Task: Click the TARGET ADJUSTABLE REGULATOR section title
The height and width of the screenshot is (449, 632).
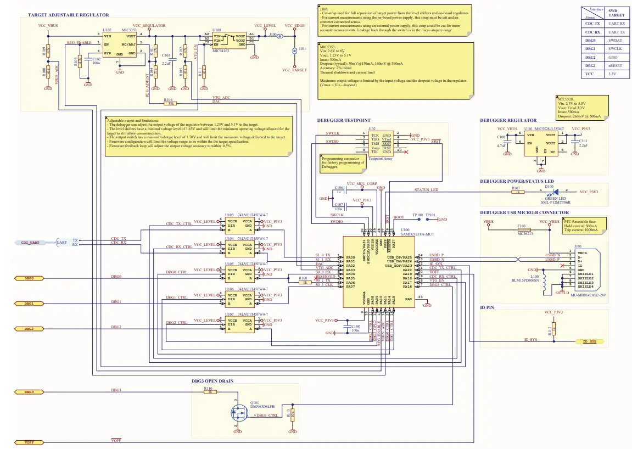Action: [x=65, y=15]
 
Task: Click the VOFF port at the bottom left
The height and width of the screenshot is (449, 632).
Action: [x=25, y=442]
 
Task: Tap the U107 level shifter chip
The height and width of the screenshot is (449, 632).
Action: [x=239, y=324]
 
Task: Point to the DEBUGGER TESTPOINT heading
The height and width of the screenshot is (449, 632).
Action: [x=344, y=120]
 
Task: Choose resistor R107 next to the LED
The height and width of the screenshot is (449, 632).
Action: [x=516, y=192]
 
